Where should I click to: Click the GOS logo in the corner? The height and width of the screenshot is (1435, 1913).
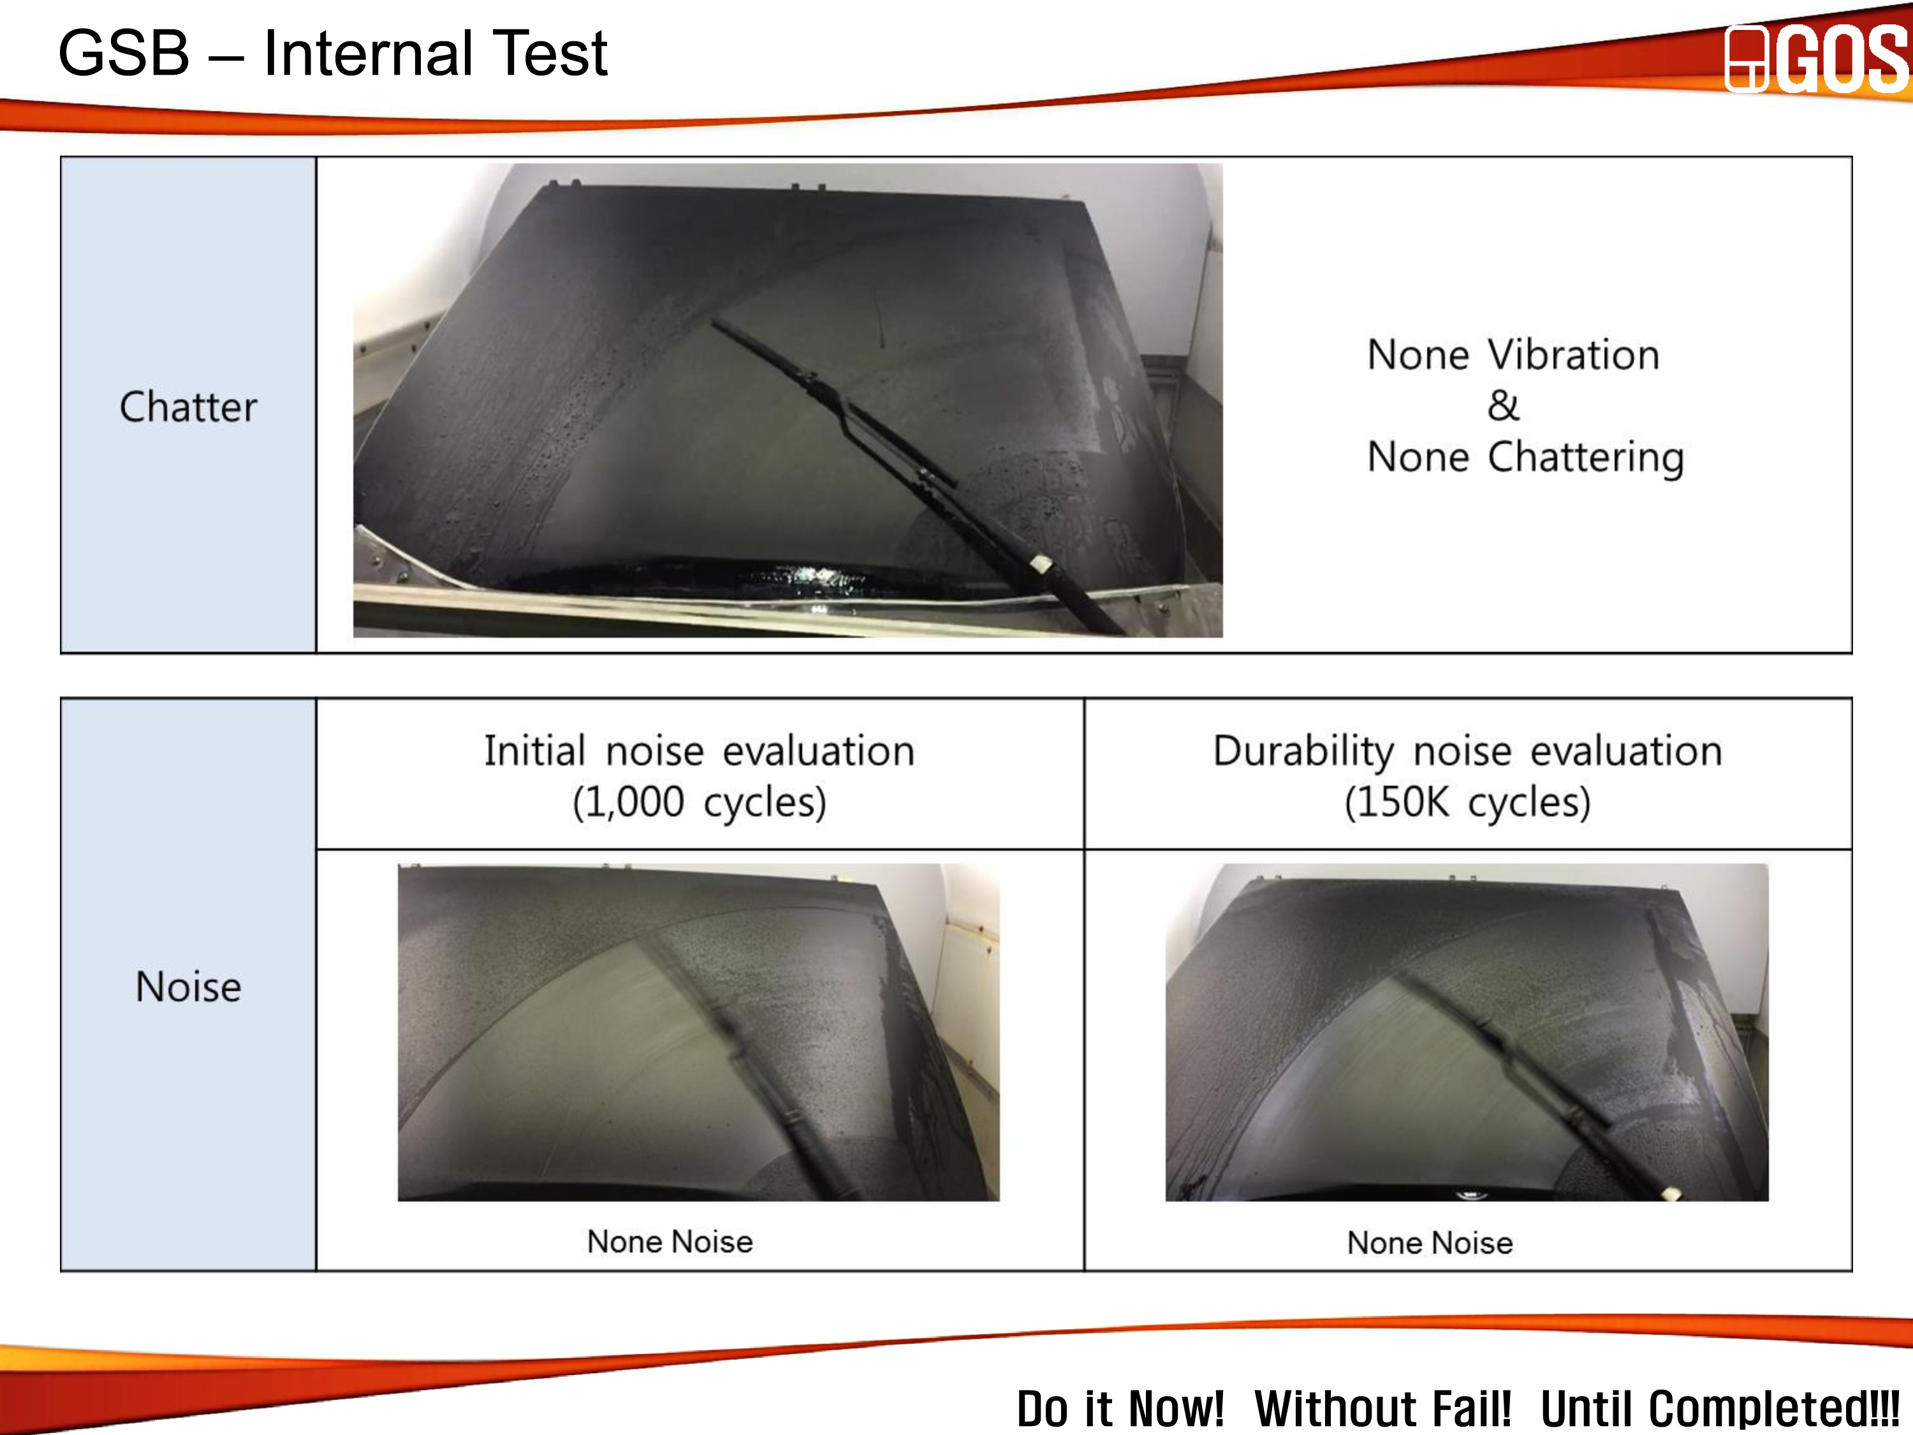tap(1816, 59)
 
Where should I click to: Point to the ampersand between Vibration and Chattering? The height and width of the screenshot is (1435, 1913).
tap(1503, 406)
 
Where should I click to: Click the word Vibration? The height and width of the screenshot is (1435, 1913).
tap(1573, 355)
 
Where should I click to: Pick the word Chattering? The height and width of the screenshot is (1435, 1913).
tap(1586, 457)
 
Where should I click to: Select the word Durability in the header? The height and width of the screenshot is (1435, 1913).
tap(1303, 751)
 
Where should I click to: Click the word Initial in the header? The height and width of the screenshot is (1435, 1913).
tap(534, 751)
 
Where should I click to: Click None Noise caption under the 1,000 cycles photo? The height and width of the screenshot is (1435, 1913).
tap(670, 1242)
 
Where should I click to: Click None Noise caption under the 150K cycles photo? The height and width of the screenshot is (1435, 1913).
tap(1430, 1243)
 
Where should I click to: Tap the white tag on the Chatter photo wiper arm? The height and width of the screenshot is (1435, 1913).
tap(1041, 564)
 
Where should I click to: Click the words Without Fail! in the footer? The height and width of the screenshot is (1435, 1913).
tap(1382, 1408)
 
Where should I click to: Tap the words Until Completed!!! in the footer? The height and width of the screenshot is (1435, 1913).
tap(1720, 1408)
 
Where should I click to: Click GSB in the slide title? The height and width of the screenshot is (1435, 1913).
tap(124, 53)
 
